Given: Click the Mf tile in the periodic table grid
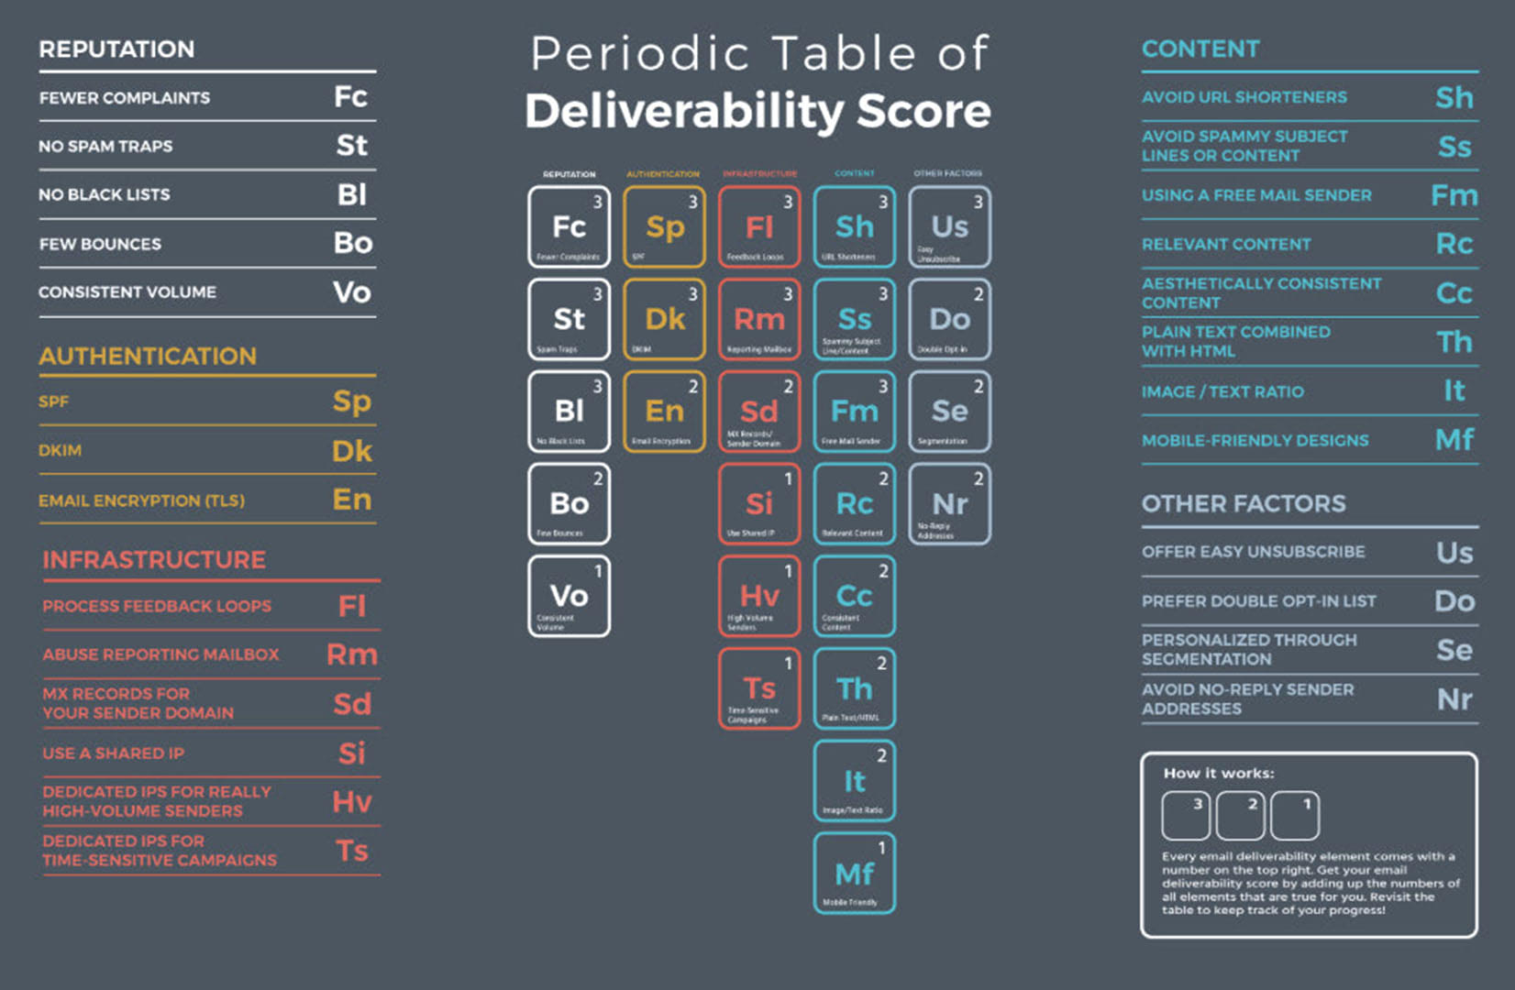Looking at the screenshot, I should (854, 873).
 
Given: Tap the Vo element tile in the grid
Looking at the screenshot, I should (569, 596).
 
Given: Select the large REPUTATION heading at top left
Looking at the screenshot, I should (116, 49).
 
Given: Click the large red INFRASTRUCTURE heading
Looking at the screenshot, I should (154, 559).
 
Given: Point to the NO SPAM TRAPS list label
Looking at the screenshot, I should (105, 147).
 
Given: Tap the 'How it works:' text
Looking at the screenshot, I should (1219, 773).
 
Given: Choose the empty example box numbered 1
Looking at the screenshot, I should (1294, 815).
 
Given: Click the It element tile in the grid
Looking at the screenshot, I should (854, 781).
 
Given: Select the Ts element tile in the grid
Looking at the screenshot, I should (759, 688).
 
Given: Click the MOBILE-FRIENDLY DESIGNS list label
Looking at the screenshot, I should (1255, 441).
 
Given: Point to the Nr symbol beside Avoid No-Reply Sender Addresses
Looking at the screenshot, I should (1454, 699).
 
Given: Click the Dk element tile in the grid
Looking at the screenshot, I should (664, 319).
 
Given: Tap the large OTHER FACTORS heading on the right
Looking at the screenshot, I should (1244, 503).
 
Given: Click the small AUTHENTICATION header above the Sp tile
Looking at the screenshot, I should (663, 174).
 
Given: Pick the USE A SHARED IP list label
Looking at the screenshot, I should (113, 753).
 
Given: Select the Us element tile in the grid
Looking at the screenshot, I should (949, 226).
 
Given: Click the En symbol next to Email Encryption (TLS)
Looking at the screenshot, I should (352, 500).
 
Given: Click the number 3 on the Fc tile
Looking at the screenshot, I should (597, 202).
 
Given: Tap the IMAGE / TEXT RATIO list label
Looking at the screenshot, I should (1222, 392).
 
